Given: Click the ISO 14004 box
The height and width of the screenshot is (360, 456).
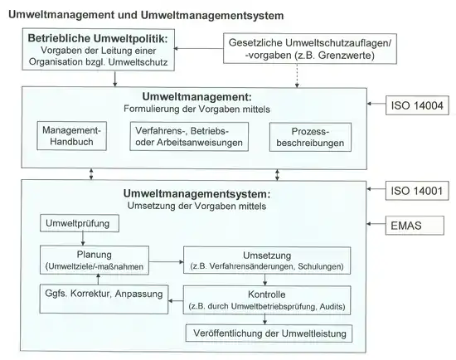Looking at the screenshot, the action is click(x=417, y=105).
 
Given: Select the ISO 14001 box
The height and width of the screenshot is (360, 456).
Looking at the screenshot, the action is click(x=417, y=191).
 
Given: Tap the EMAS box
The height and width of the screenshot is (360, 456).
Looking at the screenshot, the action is click(x=415, y=226).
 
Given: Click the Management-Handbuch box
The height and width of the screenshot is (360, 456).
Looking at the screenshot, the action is click(x=71, y=136).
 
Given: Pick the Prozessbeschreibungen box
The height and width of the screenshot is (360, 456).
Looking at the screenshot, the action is click(x=310, y=137).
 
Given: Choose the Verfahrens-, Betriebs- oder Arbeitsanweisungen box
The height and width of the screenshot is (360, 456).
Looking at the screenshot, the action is click(x=189, y=137).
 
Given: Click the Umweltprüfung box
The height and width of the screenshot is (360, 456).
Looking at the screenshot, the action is click(x=80, y=223).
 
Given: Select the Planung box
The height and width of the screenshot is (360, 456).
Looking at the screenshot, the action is click(x=95, y=260).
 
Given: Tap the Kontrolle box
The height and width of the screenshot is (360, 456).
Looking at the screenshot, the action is click(x=267, y=300).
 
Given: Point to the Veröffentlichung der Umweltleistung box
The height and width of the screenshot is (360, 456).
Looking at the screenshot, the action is click(x=269, y=333).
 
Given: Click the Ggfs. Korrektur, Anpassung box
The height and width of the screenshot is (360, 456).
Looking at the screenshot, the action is click(x=104, y=299).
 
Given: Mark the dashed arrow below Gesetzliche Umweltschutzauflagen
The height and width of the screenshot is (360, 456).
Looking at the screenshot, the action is click(x=297, y=75).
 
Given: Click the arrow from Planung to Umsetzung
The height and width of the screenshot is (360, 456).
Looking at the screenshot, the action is click(x=166, y=261).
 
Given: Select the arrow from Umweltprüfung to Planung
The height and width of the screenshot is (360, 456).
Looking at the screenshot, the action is click(x=83, y=239).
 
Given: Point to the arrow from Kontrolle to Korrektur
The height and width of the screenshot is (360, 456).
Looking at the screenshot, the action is click(x=176, y=300).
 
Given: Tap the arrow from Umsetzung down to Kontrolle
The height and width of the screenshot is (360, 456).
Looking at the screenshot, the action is click(x=264, y=280).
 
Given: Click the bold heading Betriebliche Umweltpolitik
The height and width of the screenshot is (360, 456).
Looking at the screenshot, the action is click(x=98, y=38).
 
